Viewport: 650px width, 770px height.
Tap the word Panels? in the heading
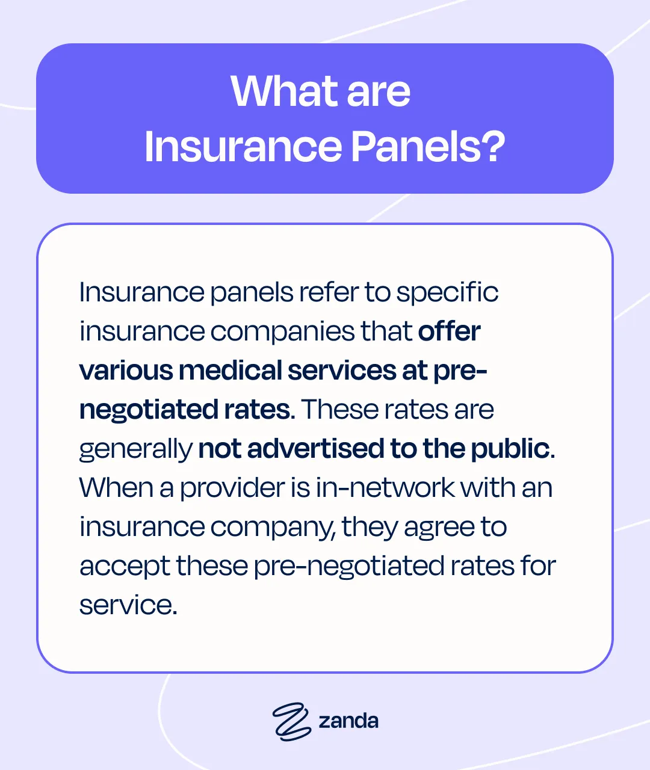[x=427, y=146]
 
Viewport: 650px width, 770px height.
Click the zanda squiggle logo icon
[x=291, y=721]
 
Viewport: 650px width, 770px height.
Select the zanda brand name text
[x=348, y=721]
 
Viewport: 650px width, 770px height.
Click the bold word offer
[x=449, y=331]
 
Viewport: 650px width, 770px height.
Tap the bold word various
[x=125, y=371]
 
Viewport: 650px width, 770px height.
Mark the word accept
[x=125, y=567]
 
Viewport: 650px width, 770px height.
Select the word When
[x=115, y=488]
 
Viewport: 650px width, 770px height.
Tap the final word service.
[x=128, y=605]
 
